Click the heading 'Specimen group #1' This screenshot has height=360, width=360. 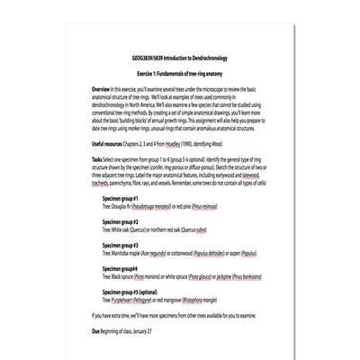[x=120, y=198]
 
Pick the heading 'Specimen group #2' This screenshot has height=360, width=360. [x=120, y=221]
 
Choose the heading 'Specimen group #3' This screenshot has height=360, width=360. [x=120, y=244]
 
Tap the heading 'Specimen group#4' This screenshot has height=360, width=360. [x=119, y=267]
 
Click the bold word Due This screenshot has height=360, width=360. [x=96, y=330]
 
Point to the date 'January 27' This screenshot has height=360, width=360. [x=153, y=330]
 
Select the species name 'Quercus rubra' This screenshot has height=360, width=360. [x=206, y=229]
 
